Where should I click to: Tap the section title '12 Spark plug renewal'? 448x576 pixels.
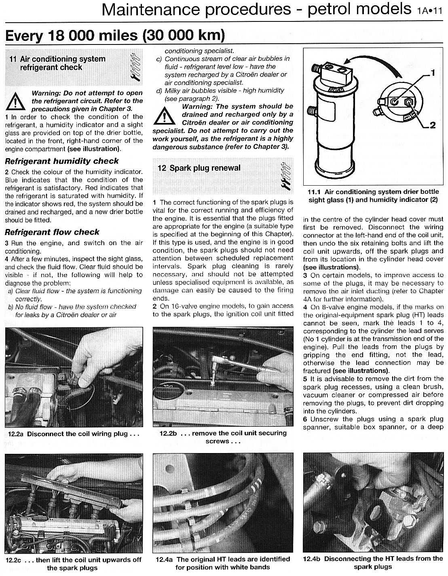point(199,168)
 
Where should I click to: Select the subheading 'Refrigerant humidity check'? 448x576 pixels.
point(62,161)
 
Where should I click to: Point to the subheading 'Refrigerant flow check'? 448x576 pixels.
point(52,232)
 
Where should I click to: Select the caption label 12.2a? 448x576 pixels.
point(15,434)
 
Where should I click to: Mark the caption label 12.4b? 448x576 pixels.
point(312,559)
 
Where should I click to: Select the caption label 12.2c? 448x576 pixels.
point(15,560)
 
